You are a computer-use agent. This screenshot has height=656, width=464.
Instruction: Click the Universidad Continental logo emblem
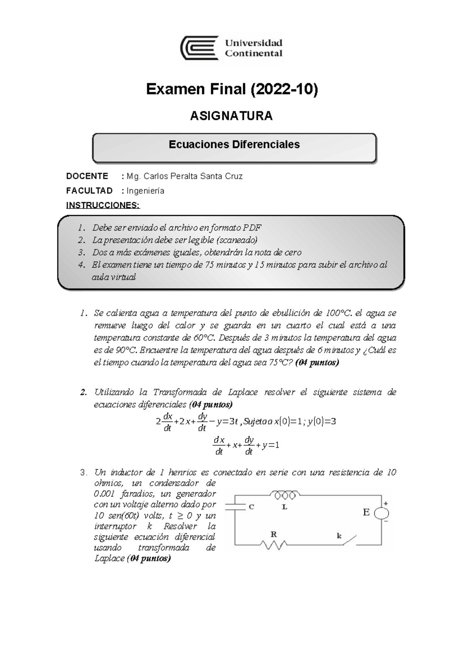[x=200, y=48]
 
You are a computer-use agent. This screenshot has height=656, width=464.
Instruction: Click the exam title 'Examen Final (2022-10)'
[x=232, y=89]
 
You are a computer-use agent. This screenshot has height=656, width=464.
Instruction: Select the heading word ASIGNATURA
[x=231, y=116]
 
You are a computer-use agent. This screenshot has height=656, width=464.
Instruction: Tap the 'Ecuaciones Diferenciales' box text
[x=234, y=145]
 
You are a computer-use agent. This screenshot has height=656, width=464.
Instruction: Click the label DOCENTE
[x=87, y=176]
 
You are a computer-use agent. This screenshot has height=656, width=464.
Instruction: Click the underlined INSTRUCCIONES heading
[x=103, y=205]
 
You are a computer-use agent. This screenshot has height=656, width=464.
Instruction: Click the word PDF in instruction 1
[x=252, y=227]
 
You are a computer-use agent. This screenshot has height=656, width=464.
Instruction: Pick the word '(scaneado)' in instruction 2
[x=237, y=240]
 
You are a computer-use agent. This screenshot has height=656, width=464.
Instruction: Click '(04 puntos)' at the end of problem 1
[x=317, y=363]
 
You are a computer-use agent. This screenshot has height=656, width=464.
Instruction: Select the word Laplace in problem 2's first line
[x=242, y=392]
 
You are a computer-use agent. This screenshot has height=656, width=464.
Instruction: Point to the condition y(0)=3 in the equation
[x=322, y=422]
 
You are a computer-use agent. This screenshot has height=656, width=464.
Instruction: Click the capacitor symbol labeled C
[x=235, y=507]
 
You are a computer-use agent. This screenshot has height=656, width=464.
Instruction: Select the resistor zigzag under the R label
[x=273, y=545]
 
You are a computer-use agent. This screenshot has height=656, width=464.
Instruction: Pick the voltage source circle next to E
[x=382, y=514]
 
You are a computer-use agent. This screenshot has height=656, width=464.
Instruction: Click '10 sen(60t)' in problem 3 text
[x=116, y=516]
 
